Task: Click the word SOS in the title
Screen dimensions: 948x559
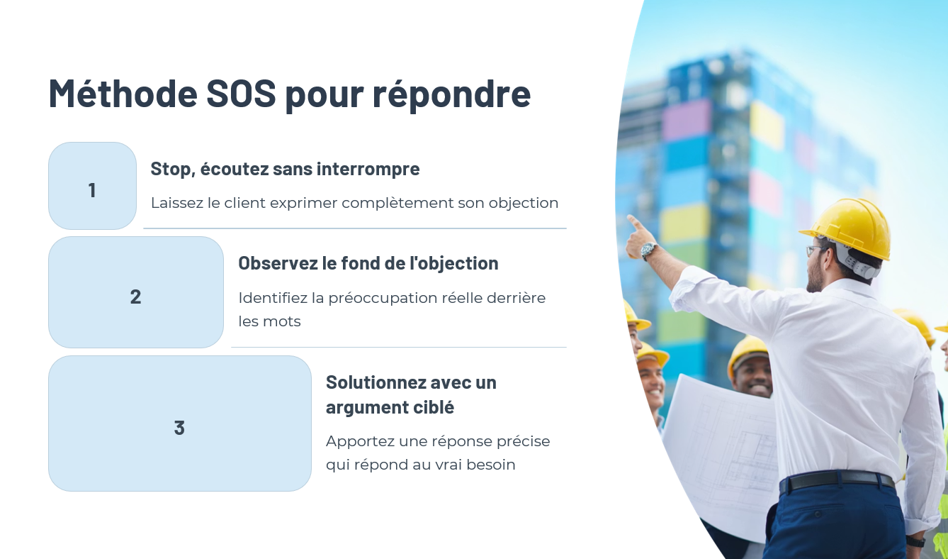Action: tap(241, 93)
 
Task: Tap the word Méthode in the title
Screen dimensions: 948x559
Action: tap(123, 92)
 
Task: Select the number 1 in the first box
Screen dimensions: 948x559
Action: tap(92, 190)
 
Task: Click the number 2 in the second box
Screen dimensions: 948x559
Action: tap(135, 297)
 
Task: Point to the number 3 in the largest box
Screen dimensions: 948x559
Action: tap(179, 428)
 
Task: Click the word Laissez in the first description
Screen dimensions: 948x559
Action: tap(177, 203)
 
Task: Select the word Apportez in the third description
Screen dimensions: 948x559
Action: tap(360, 442)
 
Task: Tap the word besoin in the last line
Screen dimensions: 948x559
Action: tap(491, 465)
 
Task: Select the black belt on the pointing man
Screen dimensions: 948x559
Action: tap(837, 480)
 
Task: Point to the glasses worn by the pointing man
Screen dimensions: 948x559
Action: tap(816, 250)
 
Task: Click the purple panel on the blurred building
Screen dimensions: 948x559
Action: tap(687, 121)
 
